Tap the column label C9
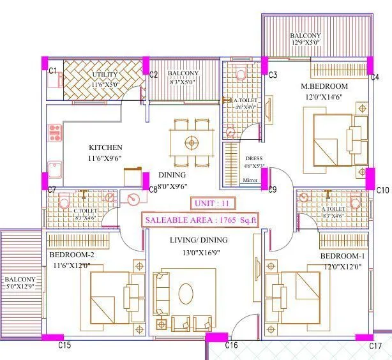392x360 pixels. pos(272,190)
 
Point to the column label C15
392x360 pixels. pos(64,345)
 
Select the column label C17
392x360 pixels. pos(375,346)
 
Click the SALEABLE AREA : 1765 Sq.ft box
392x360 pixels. pos(200,220)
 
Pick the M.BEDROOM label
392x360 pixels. pos(324,86)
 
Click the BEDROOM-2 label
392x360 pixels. pos(72,255)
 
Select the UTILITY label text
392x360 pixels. pos(104,75)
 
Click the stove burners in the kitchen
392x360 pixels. pos(54,133)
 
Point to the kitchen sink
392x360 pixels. pos(55,169)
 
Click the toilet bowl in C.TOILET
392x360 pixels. pos(63,202)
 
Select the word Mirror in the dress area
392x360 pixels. pos(250,181)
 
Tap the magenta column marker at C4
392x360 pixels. pos(370,64)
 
